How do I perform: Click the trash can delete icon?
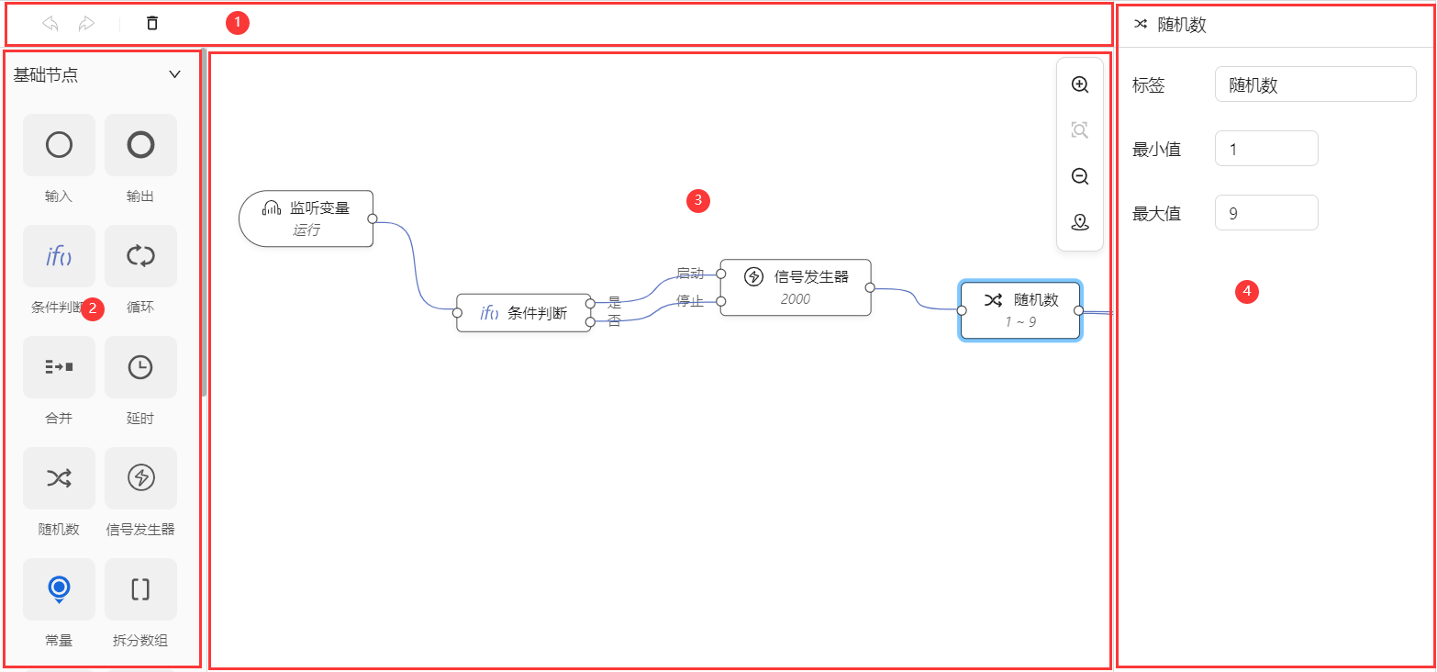[x=152, y=24]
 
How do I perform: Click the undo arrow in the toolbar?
[x=50, y=24]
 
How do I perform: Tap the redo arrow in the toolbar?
[x=86, y=24]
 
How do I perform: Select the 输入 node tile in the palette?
[x=59, y=145]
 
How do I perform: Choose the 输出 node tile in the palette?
[x=140, y=145]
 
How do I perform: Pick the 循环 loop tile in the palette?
[x=140, y=256]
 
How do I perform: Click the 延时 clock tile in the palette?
[x=140, y=367]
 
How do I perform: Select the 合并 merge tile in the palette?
[x=59, y=367]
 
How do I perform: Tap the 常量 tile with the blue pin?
[x=59, y=589]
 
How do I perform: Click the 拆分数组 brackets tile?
[x=140, y=589]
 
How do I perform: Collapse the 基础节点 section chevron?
[x=174, y=75]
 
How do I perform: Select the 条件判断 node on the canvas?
[x=524, y=313]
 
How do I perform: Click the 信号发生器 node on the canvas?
[x=795, y=286]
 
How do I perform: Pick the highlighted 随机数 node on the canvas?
[x=1019, y=310]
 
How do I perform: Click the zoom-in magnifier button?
[x=1080, y=84]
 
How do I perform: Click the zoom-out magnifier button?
[x=1080, y=176]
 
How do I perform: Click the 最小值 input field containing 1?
[x=1265, y=149]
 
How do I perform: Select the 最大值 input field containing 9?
[x=1265, y=213]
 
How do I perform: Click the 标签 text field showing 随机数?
[x=1314, y=84]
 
